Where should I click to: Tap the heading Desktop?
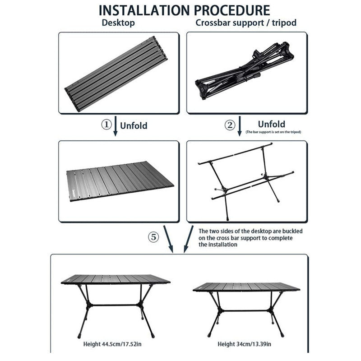tap(119, 23)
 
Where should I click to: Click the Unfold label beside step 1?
tap(134, 126)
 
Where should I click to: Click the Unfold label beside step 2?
tap(271, 124)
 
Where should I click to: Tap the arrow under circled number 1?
tap(116, 126)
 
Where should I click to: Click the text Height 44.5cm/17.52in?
tap(116, 344)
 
